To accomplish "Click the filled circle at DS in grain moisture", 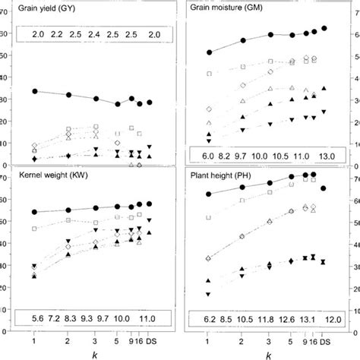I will tap(324, 28).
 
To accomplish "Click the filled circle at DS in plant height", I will tap(324, 188).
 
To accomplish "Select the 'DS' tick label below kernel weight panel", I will tap(150, 341).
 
